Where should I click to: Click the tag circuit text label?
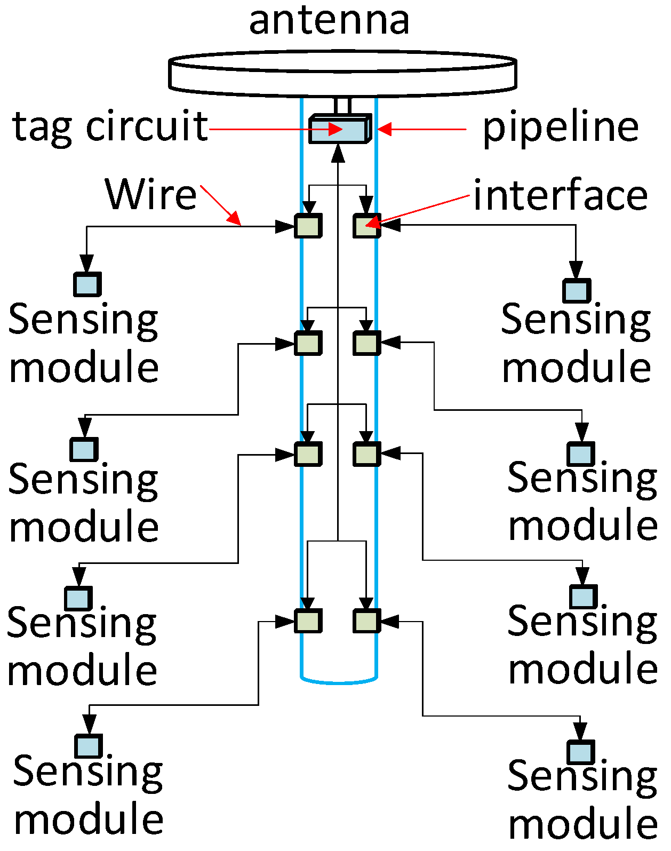[110, 127]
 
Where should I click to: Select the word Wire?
[151, 194]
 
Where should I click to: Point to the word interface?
[560, 195]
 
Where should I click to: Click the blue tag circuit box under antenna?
[339, 130]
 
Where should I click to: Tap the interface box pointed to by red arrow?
[366, 226]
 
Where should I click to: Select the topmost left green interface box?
[308, 226]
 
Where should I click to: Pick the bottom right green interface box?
[366, 621]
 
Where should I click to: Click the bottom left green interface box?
[308, 621]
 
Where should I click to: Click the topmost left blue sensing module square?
[87, 284]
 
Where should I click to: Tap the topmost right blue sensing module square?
[577, 291]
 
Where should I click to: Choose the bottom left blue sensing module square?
[89, 746]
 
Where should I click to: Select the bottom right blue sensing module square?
[581, 752]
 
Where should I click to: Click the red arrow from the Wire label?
[221, 205]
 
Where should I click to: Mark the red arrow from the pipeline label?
[421, 129]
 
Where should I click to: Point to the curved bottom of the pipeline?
[339, 681]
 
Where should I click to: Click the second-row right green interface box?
[366, 343]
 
